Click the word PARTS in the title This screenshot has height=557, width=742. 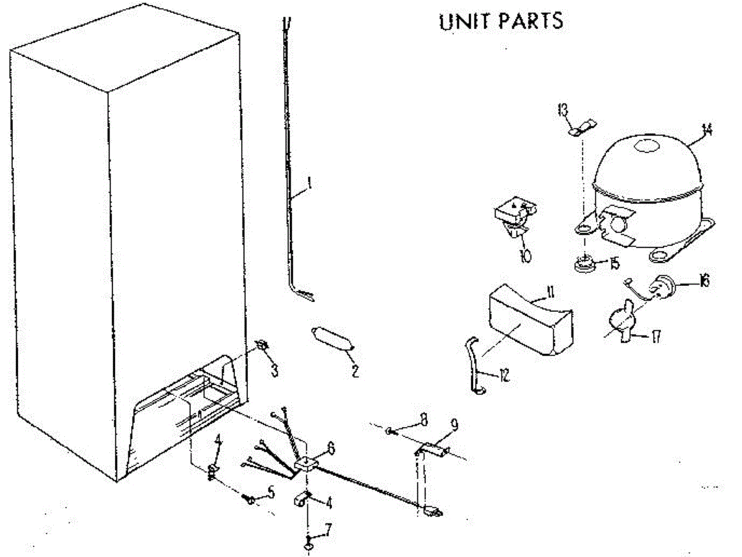pyautogui.click(x=531, y=21)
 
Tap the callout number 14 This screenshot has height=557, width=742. pyautogui.click(x=707, y=130)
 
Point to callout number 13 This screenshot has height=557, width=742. pyautogui.click(x=562, y=111)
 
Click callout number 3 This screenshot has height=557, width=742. pyautogui.click(x=275, y=371)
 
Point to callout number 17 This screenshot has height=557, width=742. pyautogui.click(x=655, y=337)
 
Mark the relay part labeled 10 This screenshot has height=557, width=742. pyautogui.click(x=513, y=217)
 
